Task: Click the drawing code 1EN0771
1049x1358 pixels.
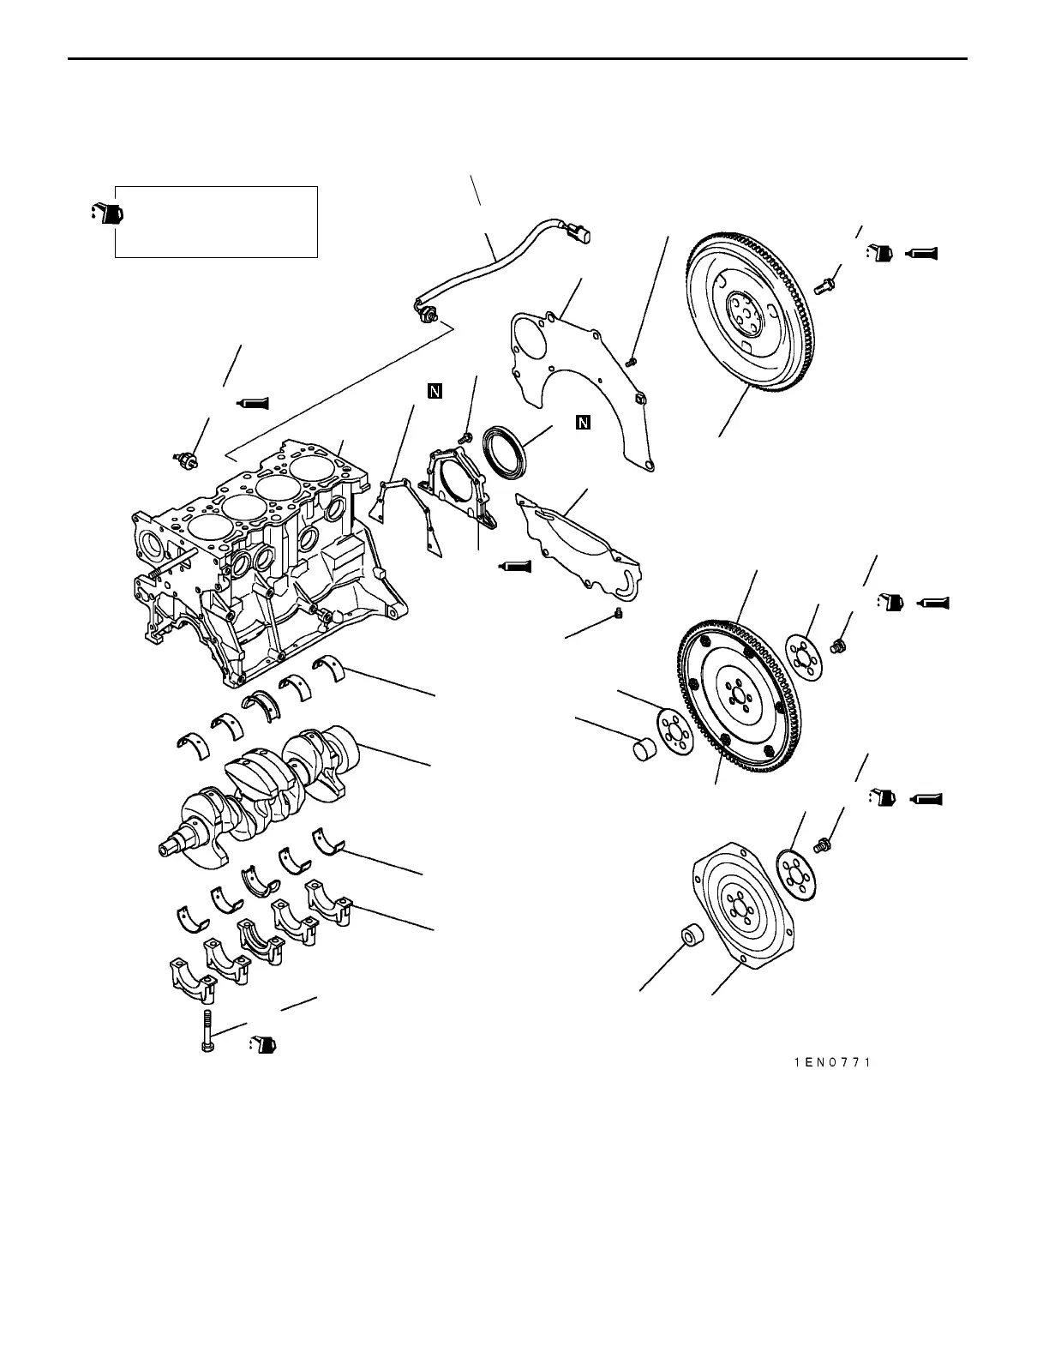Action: click(x=831, y=1062)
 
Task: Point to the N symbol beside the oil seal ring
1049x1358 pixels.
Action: click(x=583, y=422)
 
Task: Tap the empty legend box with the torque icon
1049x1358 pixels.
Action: click(x=217, y=221)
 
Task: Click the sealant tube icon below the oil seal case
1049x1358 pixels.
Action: click(x=515, y=566)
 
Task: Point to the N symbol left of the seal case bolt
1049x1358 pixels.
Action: click(x=435, y=392)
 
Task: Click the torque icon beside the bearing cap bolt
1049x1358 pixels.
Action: click(x=263, y=1044)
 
